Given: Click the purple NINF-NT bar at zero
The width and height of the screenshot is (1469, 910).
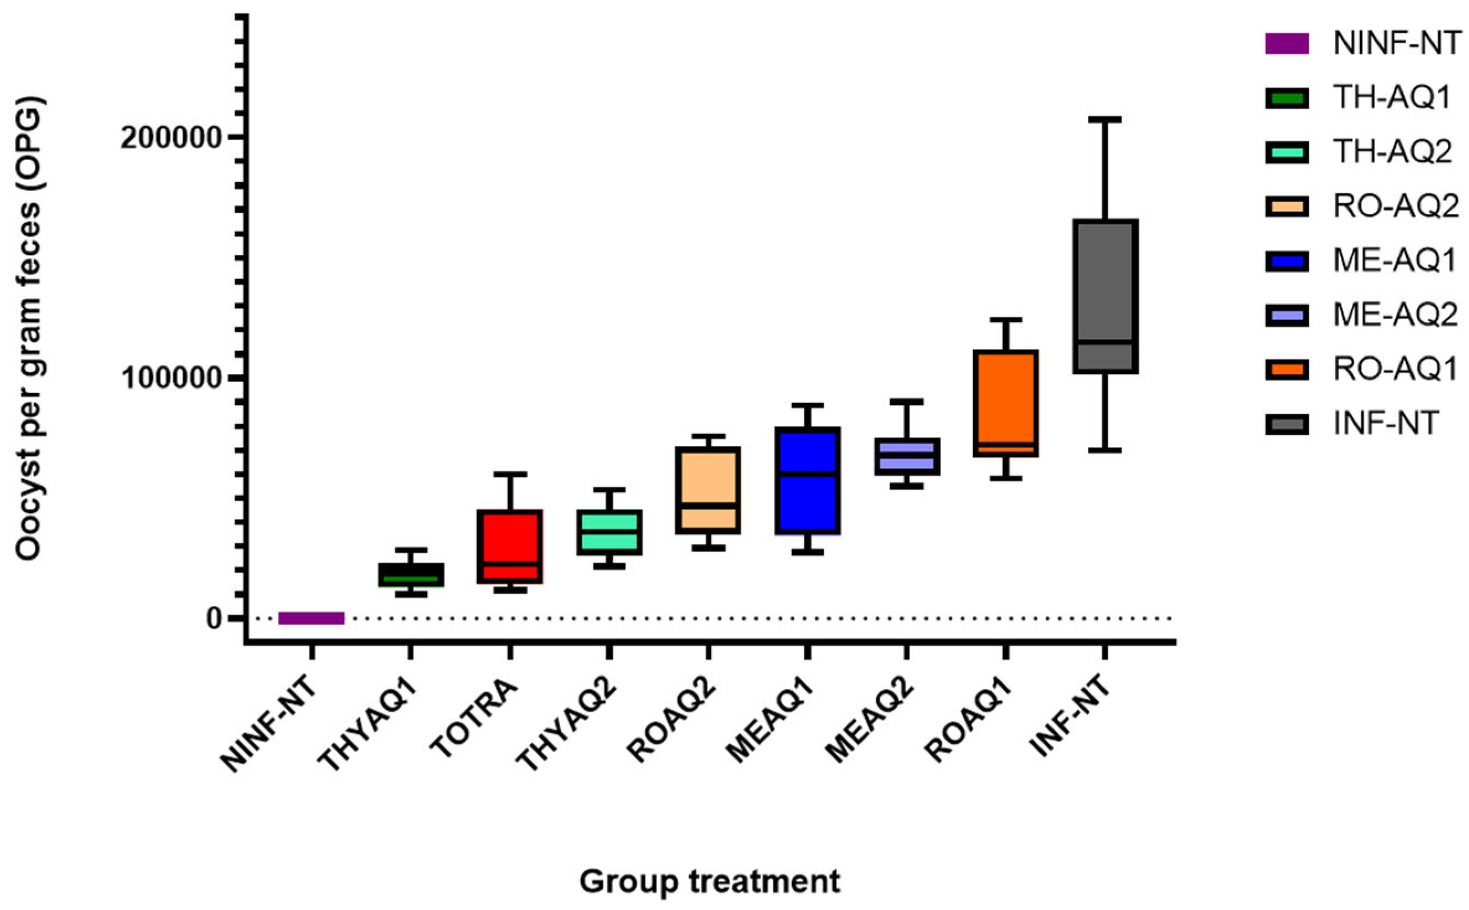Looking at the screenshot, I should click(x=311, y=618).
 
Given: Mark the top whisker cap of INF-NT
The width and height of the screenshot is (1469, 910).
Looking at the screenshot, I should click(x=1105, y=120).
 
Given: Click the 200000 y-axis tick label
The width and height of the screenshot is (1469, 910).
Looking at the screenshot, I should click(x=172, y=139).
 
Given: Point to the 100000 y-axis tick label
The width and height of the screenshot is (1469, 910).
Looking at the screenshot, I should click(x=172, y=379).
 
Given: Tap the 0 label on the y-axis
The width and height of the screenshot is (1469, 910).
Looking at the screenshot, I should click(x=214, y=619).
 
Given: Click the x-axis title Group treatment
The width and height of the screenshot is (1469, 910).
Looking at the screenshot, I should click(x=709, y=881).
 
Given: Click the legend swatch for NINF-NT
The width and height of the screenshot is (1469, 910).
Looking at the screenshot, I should click(x=1286, y=44).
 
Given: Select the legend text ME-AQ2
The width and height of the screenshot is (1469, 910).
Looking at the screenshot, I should click(x=1395, y=315).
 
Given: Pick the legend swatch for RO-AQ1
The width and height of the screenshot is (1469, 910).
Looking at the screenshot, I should click(x=1286, y=370).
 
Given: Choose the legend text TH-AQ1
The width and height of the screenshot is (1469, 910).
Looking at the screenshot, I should click(x=1391, y=98).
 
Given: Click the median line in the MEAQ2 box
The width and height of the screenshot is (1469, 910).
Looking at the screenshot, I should click(x=906, y=456).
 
